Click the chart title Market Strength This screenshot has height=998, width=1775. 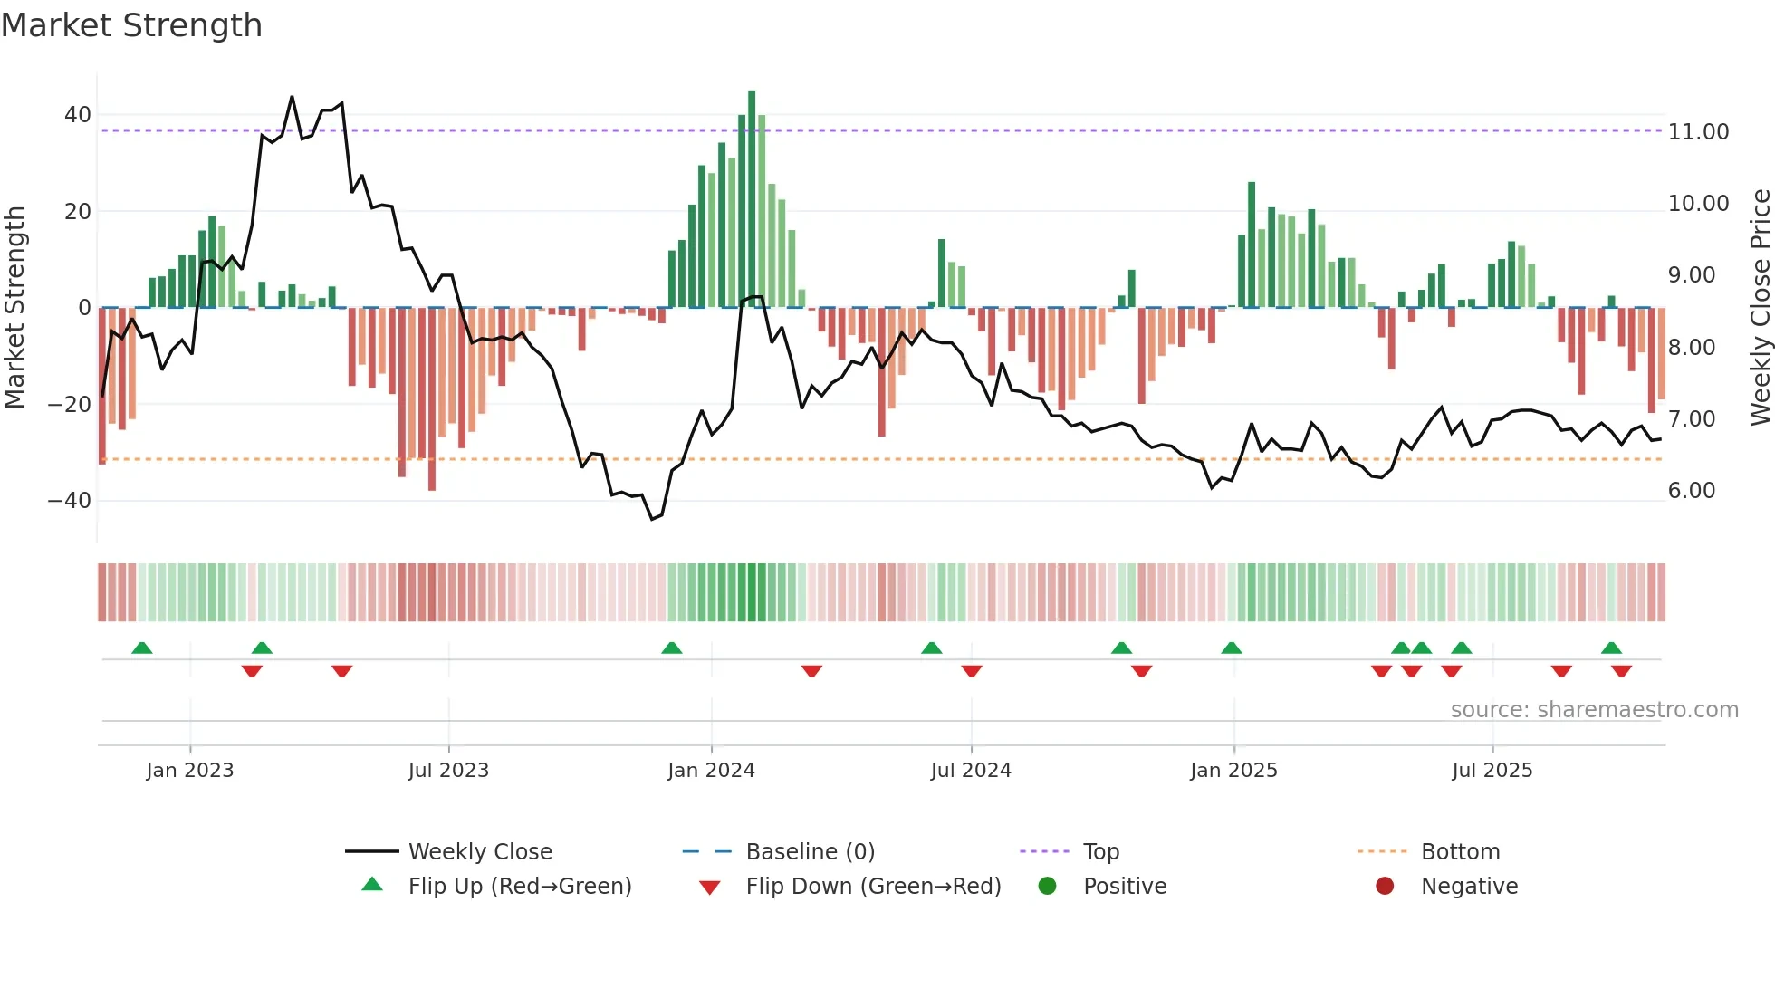[131, 25]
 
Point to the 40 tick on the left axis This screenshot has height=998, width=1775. [78, 115]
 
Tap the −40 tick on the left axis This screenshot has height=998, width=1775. [70, 501]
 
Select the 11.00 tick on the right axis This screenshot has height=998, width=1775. [1698, 132]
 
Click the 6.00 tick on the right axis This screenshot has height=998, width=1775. [1691, 491]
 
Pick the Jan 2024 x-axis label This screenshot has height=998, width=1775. [711, 771]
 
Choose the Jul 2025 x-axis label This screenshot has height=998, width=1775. [1492, 771]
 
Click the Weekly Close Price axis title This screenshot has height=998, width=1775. [1760, 308]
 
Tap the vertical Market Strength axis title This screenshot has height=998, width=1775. [14, 308]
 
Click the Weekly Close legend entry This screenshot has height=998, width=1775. [479, 852]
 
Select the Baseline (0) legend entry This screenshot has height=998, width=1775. [810, 852]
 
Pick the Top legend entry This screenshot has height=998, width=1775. [1100, 852]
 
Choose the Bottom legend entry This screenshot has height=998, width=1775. [1460, 852]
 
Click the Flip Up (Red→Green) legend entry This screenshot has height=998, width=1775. [519, 887]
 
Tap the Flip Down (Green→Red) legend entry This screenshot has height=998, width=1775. [873, 887]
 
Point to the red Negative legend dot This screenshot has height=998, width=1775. [1384, 886]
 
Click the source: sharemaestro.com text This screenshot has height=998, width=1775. [1594, 710]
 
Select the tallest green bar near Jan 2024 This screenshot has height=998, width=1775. [752, 199]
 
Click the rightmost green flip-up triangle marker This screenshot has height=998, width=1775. [1611, 648]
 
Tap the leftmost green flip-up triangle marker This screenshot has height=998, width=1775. [142, 648]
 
